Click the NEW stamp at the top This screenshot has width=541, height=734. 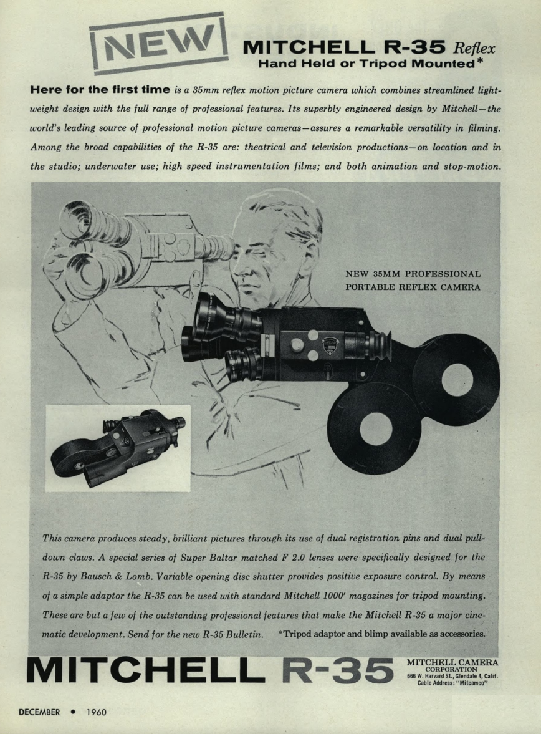pyautogui.click(x=158, y=42)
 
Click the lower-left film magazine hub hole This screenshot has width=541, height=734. pyautogui.click(x=375, y=429)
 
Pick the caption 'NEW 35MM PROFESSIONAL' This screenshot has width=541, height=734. pyautogui.click(x=413, y=274)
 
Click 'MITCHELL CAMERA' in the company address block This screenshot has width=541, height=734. pyautogui.click(x=452, y=662)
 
